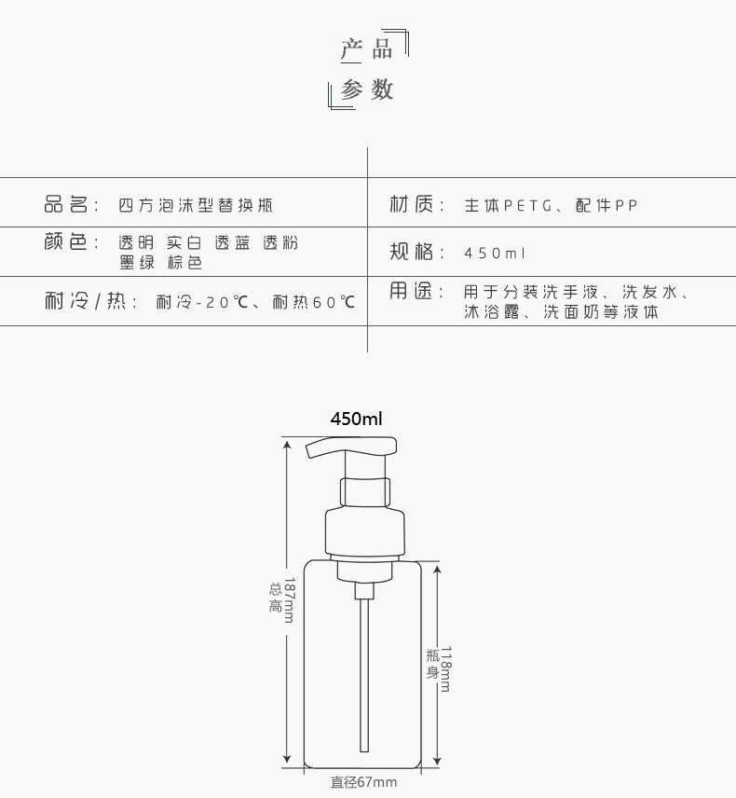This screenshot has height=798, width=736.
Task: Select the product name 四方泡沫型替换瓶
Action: (x=196, y=205)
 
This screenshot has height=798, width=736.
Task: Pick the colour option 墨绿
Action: (x=137, y=263)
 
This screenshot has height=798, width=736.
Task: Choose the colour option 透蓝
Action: (x=233, y=242)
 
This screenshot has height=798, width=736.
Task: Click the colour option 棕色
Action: (x=185, y=263)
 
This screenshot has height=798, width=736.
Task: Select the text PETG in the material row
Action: (x=527, y=206)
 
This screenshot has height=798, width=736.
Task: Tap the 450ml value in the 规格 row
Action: (x=494, y=253)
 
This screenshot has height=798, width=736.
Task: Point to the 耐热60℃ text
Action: (x=313, y=302)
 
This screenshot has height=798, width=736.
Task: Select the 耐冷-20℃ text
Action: (x=202, y=302)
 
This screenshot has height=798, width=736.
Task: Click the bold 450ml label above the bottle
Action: (x=356, y=419)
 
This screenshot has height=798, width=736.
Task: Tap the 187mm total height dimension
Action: (x=289, y=599)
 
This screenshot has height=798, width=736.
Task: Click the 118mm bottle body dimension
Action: (x=445, y=668)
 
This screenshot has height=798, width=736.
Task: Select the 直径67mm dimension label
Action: (x=363, y=782)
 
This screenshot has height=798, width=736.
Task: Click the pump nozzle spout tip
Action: (x=308, y=451)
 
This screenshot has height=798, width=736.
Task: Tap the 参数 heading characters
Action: (x=367, y=90)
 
